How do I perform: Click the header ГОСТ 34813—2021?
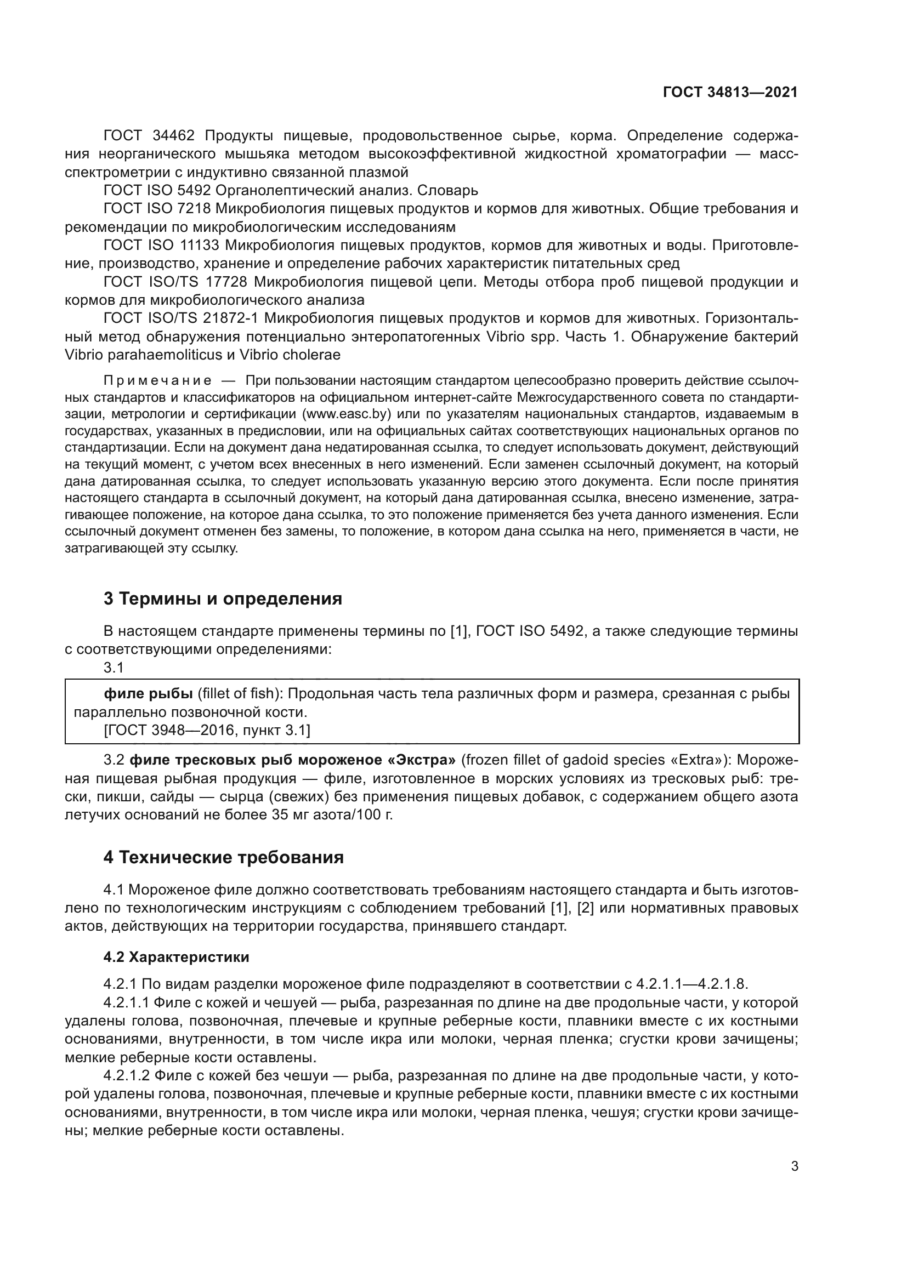[x=730, y=92]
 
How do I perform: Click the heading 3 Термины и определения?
[x=223, y=599]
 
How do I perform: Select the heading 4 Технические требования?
[x=223, y=857]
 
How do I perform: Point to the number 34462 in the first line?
[x=173, y=136]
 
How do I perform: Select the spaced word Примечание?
[x=157, y=381]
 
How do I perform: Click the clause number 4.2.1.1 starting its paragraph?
[x=127, y=1003]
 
